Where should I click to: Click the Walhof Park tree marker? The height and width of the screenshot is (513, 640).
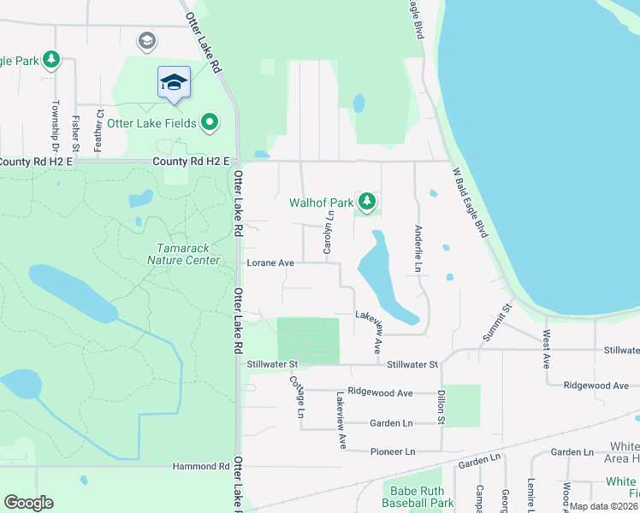[367, 202]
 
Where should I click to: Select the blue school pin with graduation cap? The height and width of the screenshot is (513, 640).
[174, 83]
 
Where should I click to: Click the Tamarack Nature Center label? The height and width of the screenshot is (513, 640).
[183, 254]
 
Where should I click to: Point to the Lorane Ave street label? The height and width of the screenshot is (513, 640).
[270, 263]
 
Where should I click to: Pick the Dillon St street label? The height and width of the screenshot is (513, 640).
[441, 407]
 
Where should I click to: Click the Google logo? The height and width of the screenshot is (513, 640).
[28, 503]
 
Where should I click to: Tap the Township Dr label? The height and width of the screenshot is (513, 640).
[55, 122]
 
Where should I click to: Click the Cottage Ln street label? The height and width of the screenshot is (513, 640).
[297, 397]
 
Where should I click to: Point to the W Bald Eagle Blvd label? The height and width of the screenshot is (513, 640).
[469, 202]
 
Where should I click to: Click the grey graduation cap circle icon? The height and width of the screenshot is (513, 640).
[147, 40]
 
